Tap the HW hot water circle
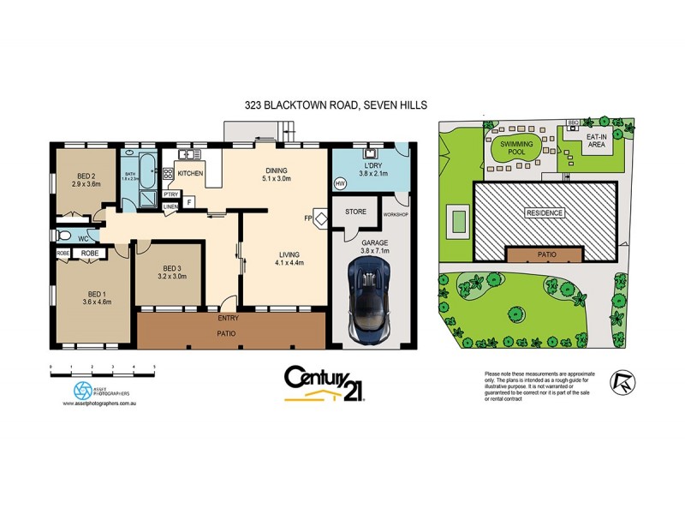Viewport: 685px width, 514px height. (340, 184)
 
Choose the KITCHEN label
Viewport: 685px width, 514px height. (190, 174)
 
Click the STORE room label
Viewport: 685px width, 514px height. (355, 210)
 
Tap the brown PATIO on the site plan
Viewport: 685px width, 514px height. (545, 254)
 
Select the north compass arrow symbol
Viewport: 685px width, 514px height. (622, 383)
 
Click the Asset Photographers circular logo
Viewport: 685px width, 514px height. (81, 390)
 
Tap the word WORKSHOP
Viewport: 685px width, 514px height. (396, 213)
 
